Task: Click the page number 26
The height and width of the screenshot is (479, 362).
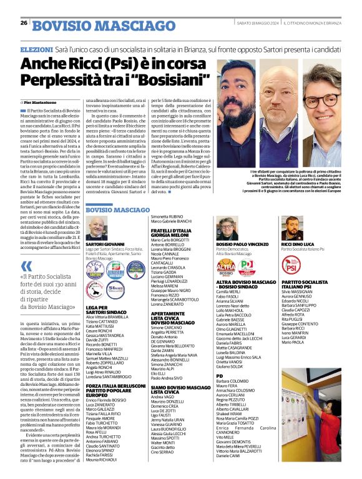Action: click(x=24, y=23)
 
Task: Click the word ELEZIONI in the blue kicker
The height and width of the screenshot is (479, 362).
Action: click(x=37, y=48)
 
